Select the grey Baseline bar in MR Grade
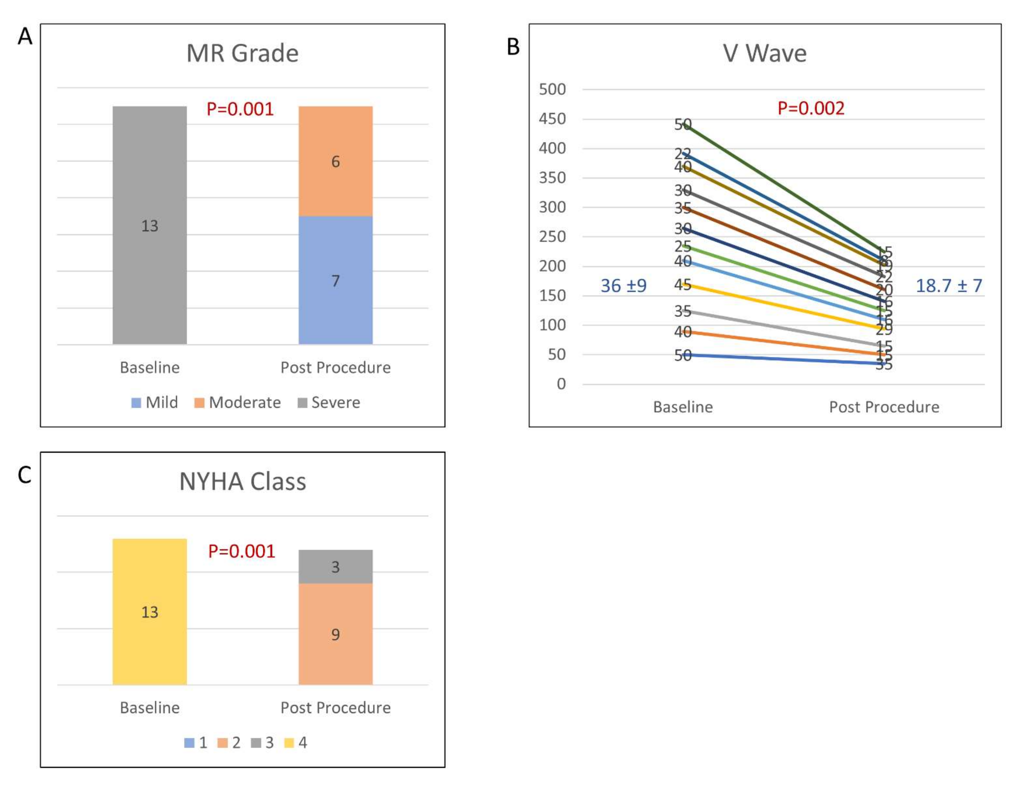[150, 225]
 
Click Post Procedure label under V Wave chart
[884, 407]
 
